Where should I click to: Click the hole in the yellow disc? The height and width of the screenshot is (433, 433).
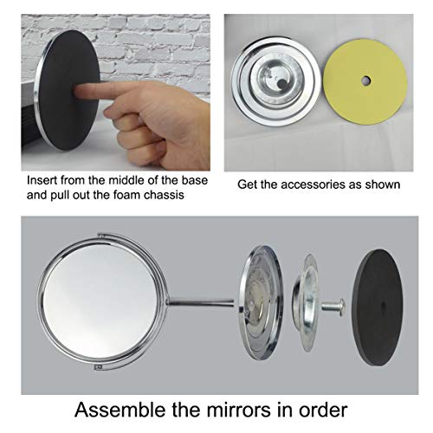coord(365,81)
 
